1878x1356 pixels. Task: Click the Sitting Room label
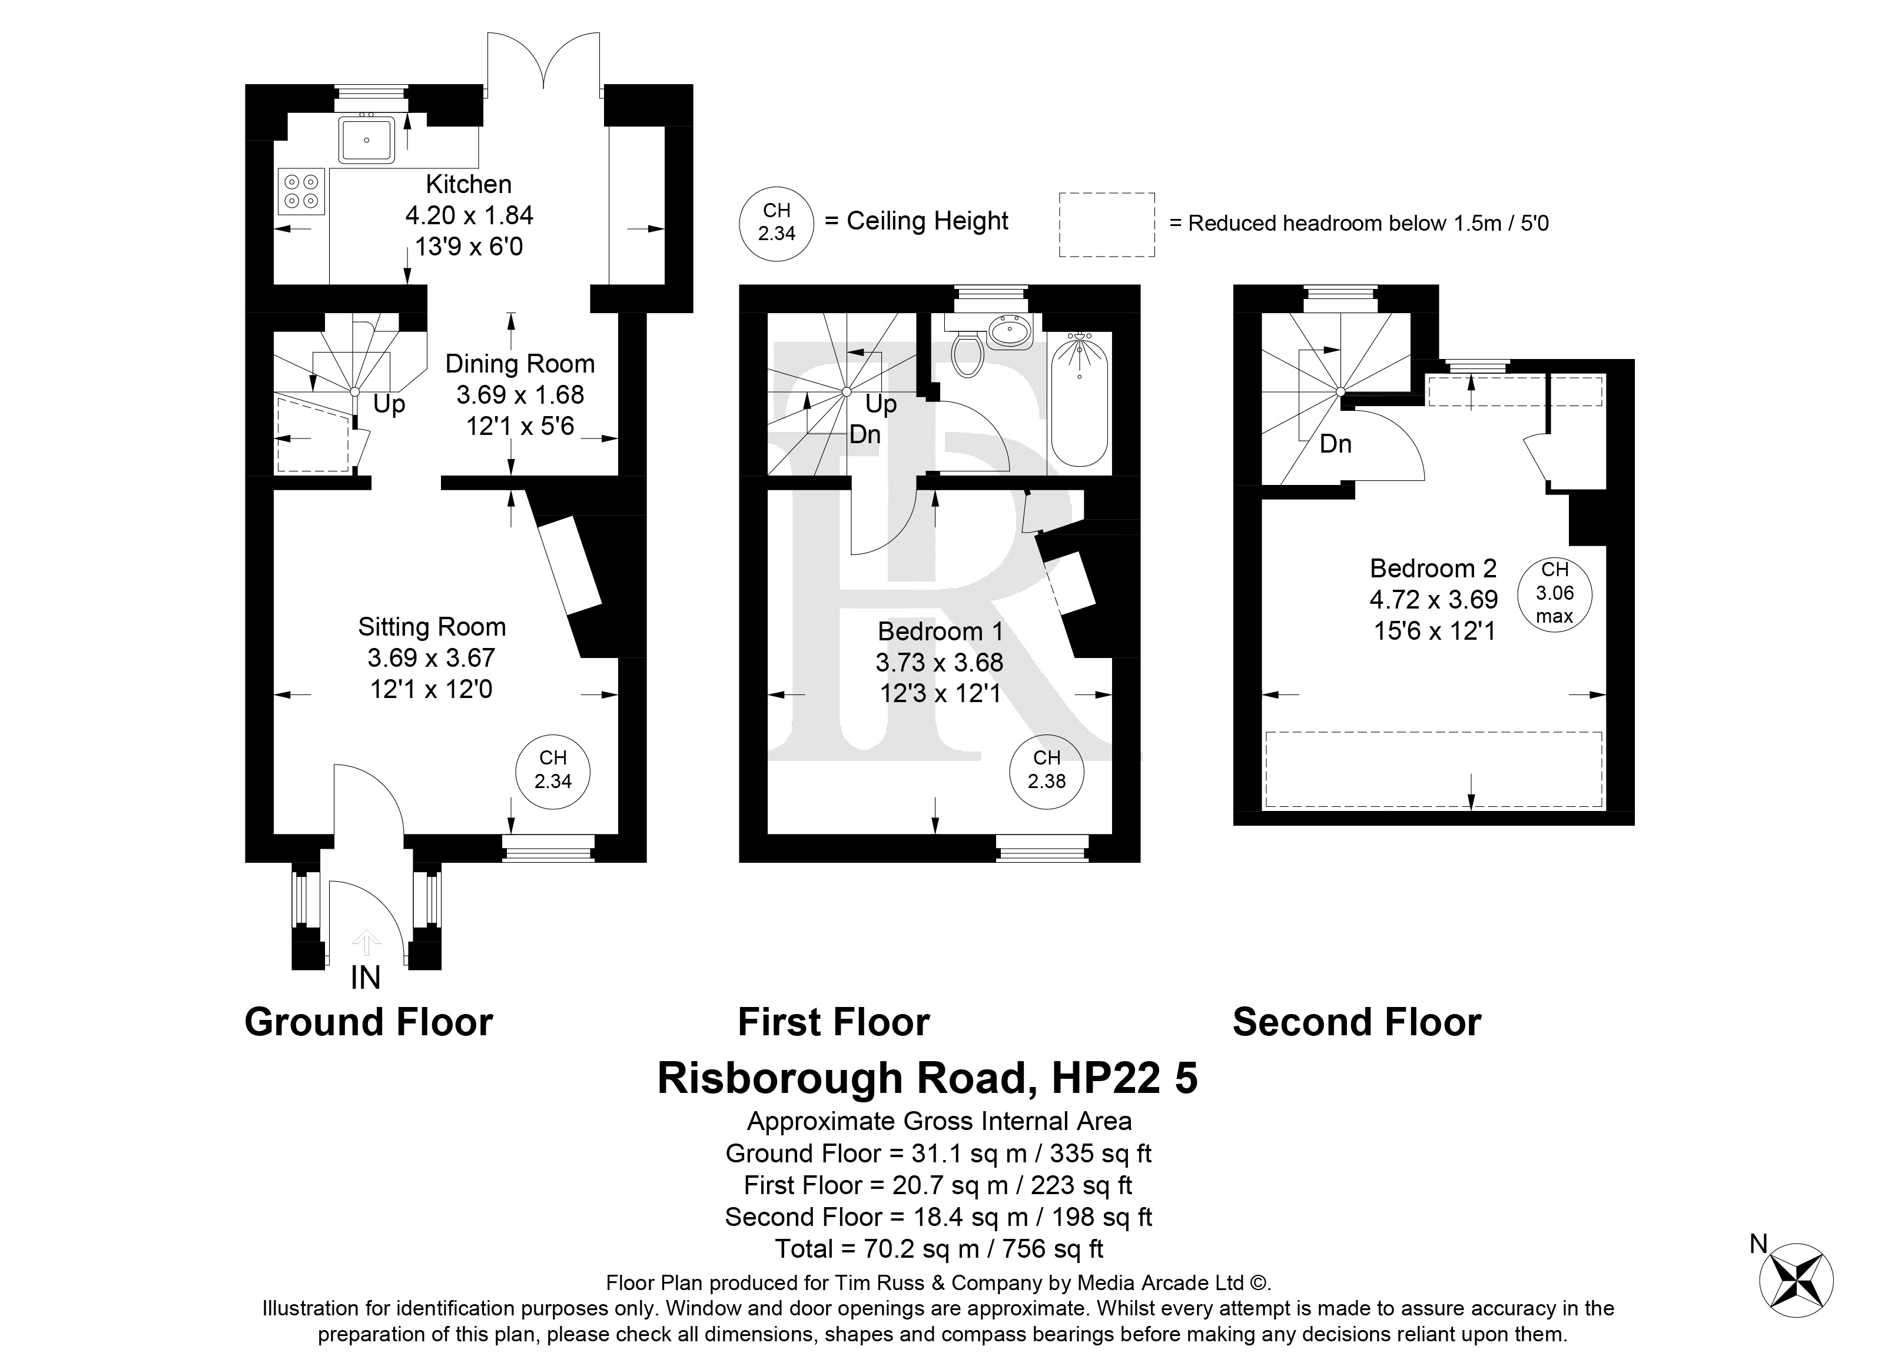432,627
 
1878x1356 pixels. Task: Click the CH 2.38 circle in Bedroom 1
1047,770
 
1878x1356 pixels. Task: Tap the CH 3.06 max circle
1554,593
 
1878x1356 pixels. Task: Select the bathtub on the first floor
1079,400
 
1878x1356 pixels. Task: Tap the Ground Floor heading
369,1022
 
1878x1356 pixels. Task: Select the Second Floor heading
1356,1022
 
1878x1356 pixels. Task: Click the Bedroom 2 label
1434,568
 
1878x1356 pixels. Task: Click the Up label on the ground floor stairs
389,404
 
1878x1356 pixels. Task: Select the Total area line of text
938,1248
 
